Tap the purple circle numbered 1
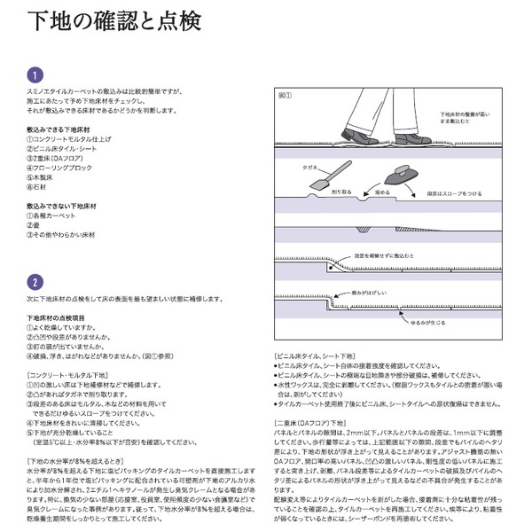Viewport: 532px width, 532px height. (33, 75)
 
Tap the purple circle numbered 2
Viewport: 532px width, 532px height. (33, 282)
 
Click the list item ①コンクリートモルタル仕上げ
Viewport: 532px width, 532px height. (70, 140)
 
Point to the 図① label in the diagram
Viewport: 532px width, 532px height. (286, 93)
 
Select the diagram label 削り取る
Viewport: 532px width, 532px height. (341, 191)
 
